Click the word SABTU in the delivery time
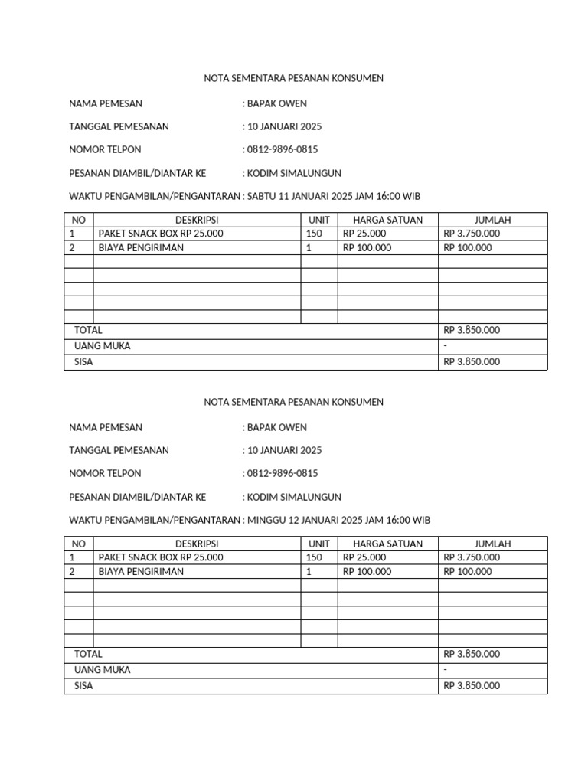[x=262, y=197]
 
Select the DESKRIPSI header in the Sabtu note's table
[x=197, y=220]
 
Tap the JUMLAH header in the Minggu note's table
[x=492, y=544]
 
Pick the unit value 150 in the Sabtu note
[x=314, y=234]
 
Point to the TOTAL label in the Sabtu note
[x=88, y=330]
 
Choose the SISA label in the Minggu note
[x=83, y=686]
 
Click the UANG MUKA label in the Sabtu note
[x=102, y=346]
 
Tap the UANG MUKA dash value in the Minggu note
[x=446, y=670]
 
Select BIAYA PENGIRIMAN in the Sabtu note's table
[x=141, y=247]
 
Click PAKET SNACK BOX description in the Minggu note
[x=161, y=557]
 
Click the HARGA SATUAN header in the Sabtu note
[x=387, y=220]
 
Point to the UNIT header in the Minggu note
[x=318, y=544]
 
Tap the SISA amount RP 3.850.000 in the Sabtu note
[x=472, y=362]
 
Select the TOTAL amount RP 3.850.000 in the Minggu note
[x=472, y=654]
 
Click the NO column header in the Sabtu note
[x=78, y=220]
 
